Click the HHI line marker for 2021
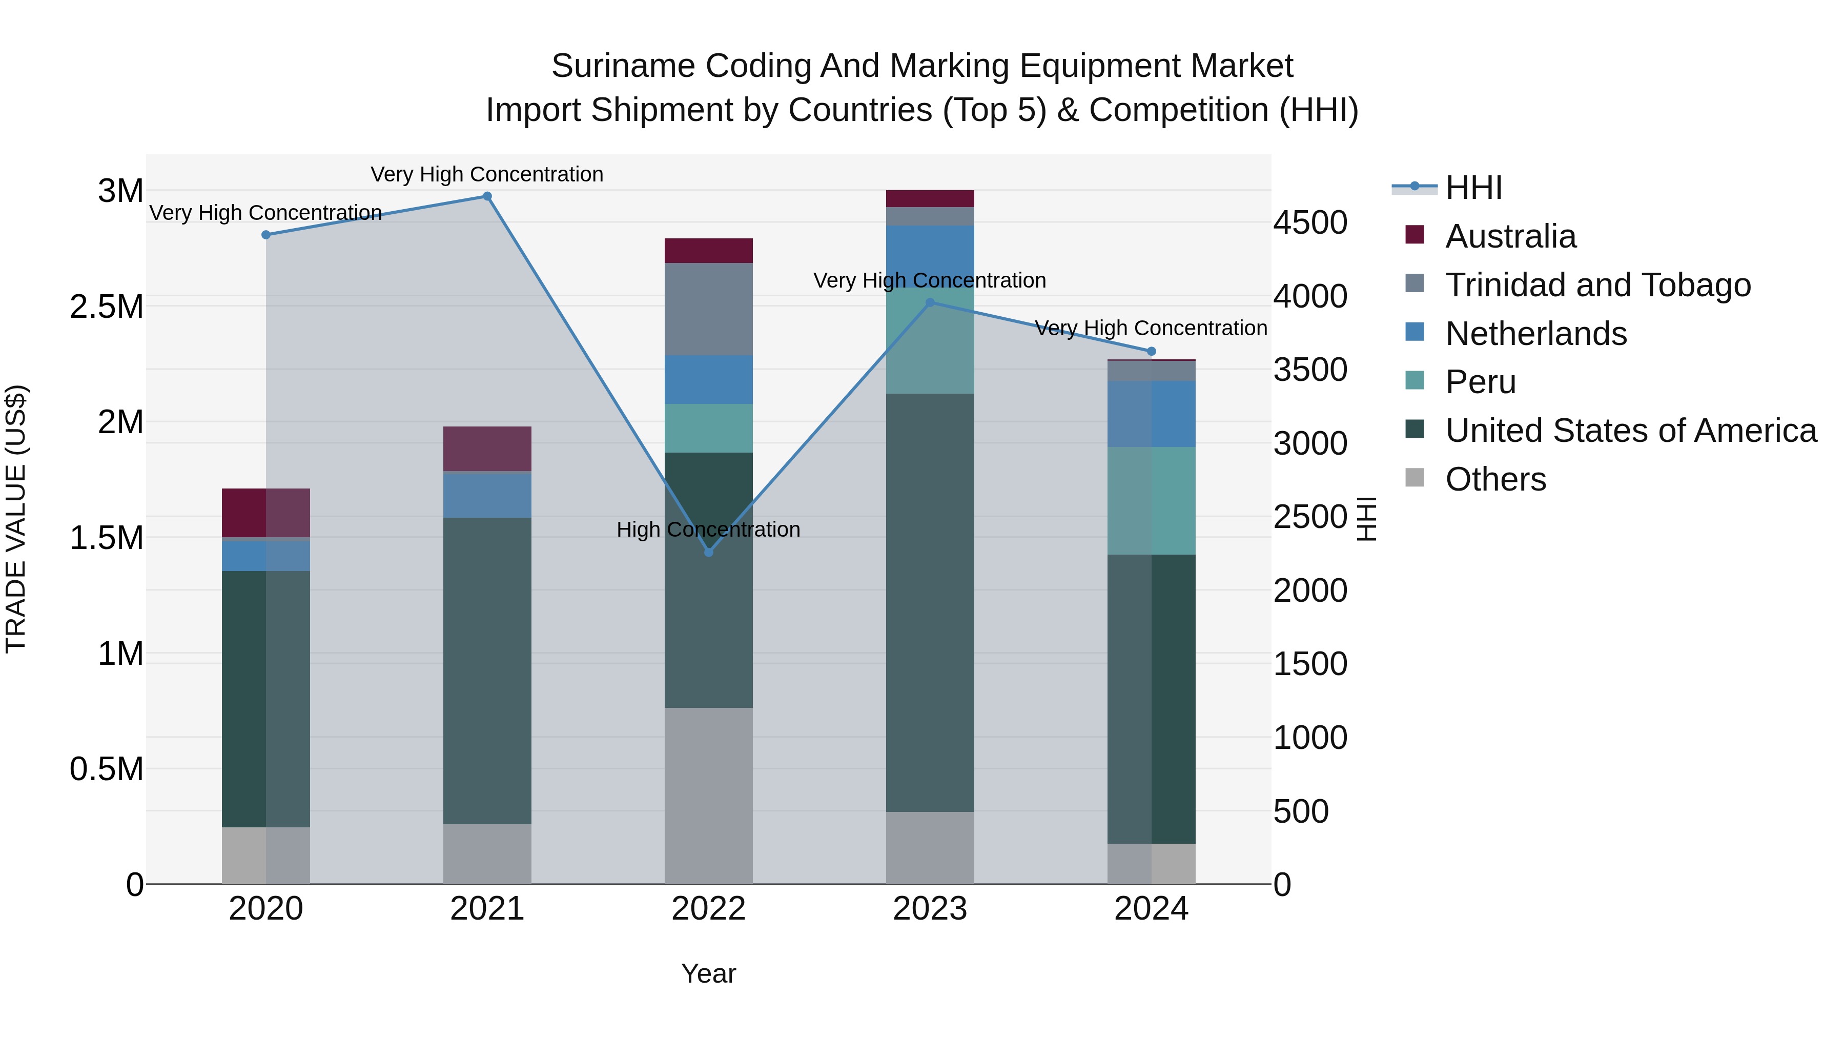[487, 196]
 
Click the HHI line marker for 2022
[708, 552]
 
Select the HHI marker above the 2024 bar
[1151, 351]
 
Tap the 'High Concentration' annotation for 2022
[708, 530]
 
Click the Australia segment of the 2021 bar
[487, 449]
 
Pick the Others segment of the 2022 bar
[708, 795]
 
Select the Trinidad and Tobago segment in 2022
[708, 309]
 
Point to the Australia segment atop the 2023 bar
[930, 198]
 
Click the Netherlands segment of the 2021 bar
[487, 495]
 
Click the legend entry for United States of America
[1630, 431]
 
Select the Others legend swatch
[1414, 478]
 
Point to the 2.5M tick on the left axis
[106, 307]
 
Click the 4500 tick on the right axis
[1310, 223]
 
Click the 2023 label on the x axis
[930, 909]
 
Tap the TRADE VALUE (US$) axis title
[16, 519]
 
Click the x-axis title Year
[708, 973]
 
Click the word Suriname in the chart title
[622, 66]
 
